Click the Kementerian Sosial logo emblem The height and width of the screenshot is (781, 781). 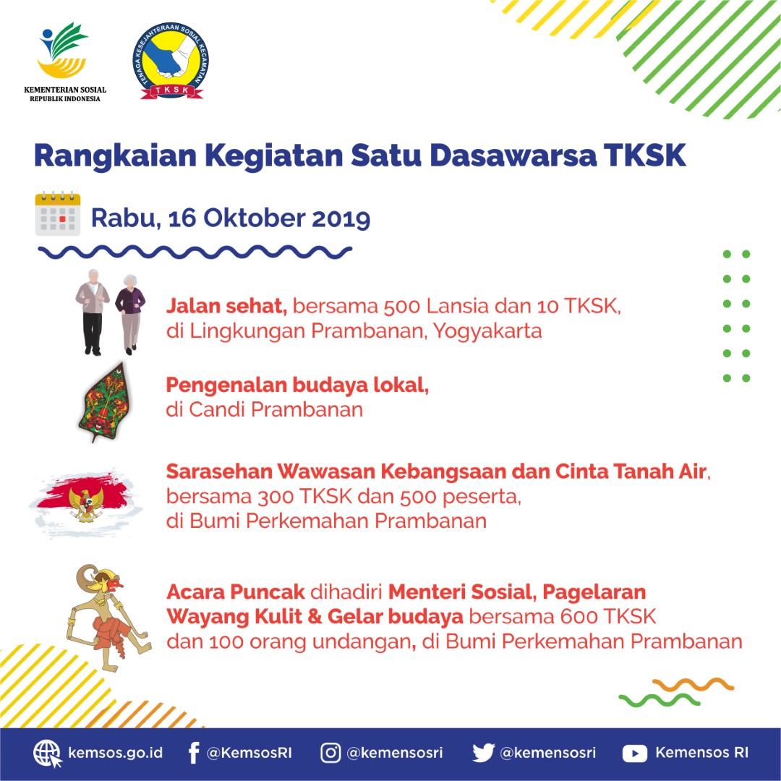[x=64, y=52]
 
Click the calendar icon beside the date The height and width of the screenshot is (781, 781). [x=58, y=214]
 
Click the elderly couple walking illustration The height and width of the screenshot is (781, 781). [x=110, y=312]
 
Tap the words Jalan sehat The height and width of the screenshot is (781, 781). [x=226, y=306]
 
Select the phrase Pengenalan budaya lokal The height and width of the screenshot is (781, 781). [x=297, y=385]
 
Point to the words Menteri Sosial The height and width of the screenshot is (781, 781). [x=460, y=592]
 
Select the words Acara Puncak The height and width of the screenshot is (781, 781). [x=235, y=592]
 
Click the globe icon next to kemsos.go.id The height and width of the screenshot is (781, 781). [x=47, y=754]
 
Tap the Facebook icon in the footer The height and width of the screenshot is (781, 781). [x=193, y=754]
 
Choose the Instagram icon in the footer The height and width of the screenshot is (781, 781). [x=330, y=754]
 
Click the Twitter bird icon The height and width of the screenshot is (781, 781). [x=483, y=754]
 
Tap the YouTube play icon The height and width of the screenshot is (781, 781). [x=634, y=754]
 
